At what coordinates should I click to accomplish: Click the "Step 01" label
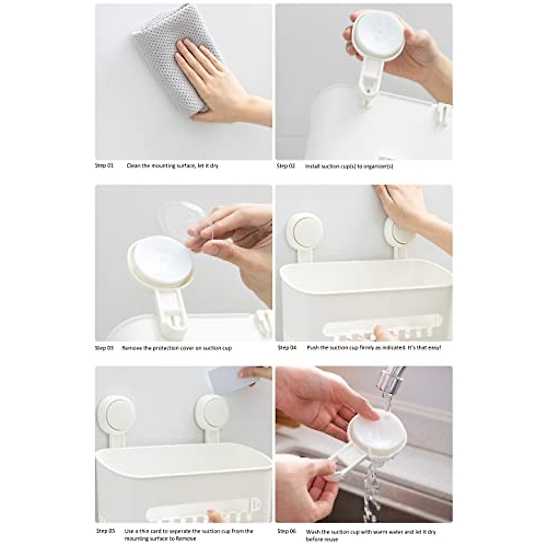tap(104, 166)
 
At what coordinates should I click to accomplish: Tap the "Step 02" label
tap(286, 166)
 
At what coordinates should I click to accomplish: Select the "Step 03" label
tap(104, 348)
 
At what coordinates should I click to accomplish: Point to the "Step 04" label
tap(287, 348)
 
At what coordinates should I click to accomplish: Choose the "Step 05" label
tap(105, 531)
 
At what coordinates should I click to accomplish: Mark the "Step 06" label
tap(287, 531)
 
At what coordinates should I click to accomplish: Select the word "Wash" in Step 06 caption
tap(313, 531)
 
